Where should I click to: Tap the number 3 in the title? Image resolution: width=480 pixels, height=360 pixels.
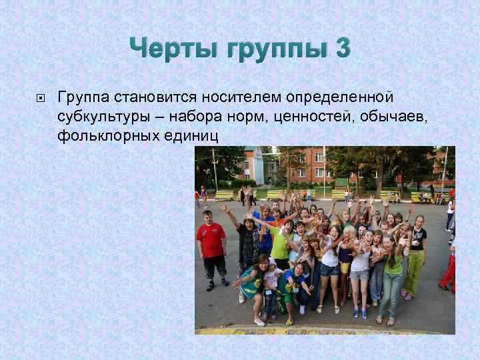coord(341,49)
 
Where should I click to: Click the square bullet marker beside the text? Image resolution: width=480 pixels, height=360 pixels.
coord(40,99)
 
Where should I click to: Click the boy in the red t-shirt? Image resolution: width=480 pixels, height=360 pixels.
coord(212,248)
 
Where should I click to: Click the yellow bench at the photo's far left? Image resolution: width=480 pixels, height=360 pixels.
coord(224,195)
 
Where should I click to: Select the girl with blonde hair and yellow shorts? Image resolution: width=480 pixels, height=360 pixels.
coord(345,257)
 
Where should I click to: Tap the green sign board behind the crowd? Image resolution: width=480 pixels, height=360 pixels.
coord(341,183)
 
